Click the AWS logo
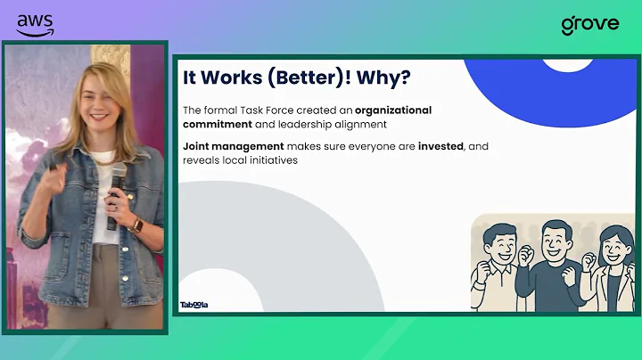click(35, 24)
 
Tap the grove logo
click(589, 24)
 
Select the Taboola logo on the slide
click(193, 305)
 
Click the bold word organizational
click(393, 110)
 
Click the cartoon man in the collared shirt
click(499, 267)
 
